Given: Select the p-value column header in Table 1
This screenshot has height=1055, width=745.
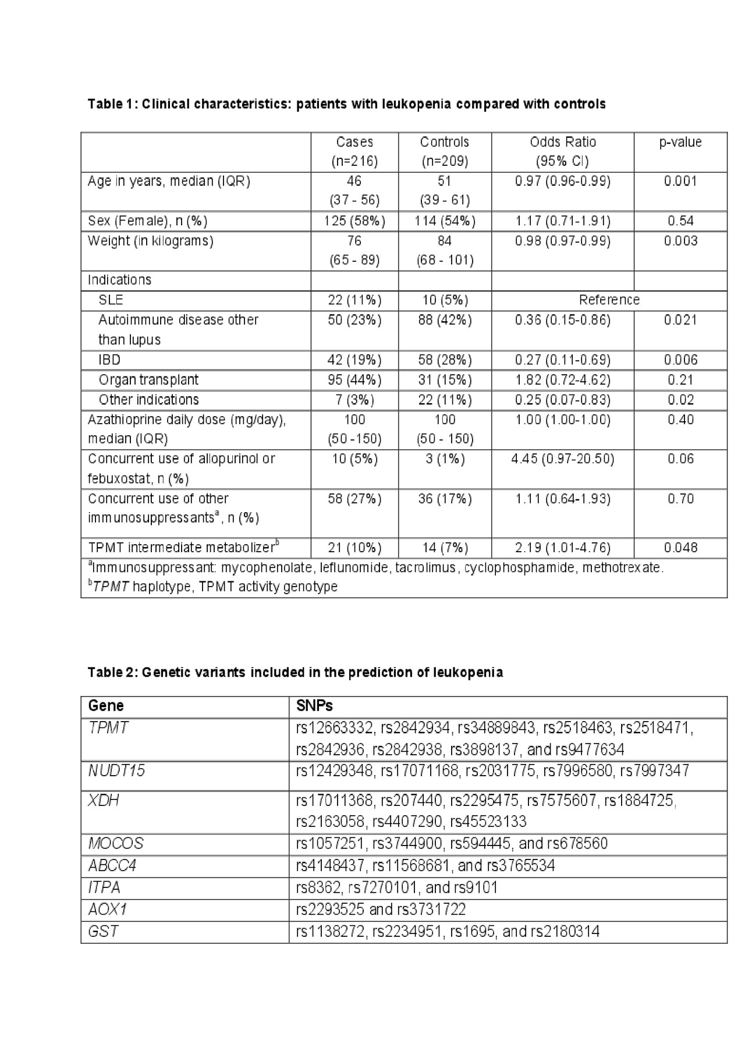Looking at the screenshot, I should (680, 143).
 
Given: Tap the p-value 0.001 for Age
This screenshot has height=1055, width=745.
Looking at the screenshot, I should (680, 182).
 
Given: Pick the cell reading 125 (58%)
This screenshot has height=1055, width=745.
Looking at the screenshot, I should (354, 221).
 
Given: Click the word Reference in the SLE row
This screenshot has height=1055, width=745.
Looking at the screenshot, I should (609, 300).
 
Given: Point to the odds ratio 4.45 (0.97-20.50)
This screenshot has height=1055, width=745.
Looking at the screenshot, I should (562, 459).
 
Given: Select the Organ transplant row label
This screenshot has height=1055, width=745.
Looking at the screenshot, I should (148, 380).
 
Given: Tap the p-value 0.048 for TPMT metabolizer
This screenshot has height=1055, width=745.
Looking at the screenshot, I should (680, 548).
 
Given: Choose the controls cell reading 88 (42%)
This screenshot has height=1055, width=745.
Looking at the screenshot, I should (445, 320).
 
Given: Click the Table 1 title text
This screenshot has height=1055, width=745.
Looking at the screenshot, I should (346, 104).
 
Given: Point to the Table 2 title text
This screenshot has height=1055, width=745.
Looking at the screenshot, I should (295, 673).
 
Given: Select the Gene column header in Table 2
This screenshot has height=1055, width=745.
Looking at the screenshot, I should (106, 706).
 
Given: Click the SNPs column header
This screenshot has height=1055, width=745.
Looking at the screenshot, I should (314, 706).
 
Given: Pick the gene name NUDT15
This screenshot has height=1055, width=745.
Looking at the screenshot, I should (116, 771).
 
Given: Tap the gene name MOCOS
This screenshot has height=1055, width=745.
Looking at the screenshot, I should (115, 844).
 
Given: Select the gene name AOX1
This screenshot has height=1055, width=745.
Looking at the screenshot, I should (108, 910).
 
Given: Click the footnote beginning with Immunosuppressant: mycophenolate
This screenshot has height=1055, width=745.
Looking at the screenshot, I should (375, 568).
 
